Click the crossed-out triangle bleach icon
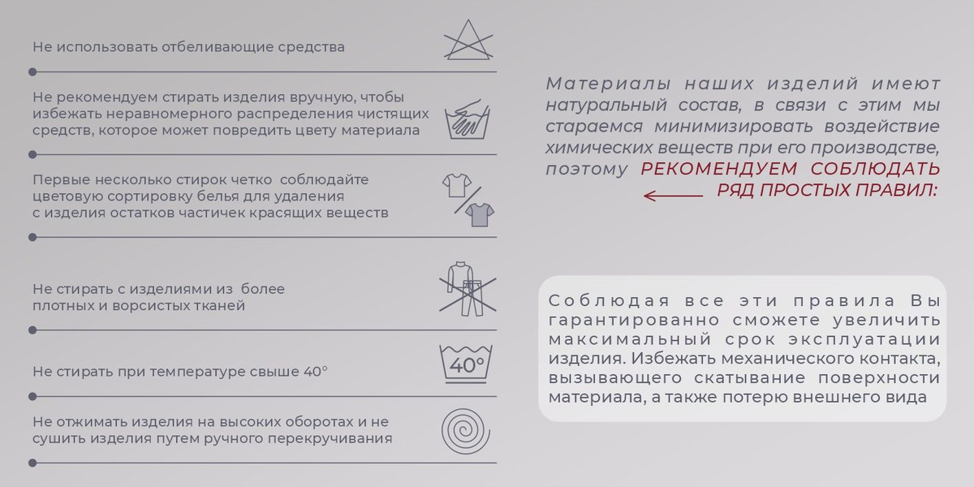coord(468,40)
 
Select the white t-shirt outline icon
coord(457,185)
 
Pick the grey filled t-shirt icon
coord(480,215)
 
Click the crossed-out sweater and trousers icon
coord(468,289)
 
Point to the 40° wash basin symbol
coord(466,364)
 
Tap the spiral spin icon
coord(466,431)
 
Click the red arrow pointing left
coord(673,196)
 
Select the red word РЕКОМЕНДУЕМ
coord(719,169)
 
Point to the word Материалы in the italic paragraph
coord(608,84)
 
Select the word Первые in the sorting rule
coord(62,179)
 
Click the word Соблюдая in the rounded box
coord(609,300)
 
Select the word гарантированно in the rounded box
coord(634,321)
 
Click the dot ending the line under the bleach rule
coord(32,71)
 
